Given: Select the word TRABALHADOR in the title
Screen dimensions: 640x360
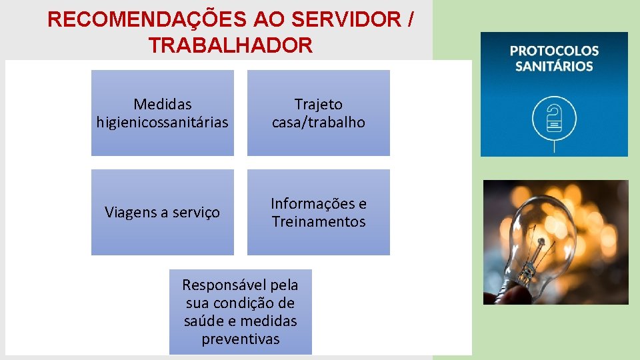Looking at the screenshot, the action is (231, 45).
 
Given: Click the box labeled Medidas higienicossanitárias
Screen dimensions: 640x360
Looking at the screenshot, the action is (163, 113).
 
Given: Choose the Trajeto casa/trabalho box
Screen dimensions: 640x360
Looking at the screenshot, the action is (319, 113).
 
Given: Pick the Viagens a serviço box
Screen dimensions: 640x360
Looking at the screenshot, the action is (163, 212).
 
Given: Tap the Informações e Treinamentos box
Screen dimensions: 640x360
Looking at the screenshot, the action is (319, 212).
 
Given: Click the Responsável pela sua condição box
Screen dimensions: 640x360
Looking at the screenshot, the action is (240, 311).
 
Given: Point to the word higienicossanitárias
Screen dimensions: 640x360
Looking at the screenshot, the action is (163, 123).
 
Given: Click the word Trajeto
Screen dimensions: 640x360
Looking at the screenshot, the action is (319, 104).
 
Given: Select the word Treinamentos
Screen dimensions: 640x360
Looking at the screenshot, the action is (319, 221).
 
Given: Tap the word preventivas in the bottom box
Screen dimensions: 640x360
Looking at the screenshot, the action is (240, 339).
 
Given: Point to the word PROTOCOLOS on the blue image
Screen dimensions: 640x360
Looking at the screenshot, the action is (554, 51).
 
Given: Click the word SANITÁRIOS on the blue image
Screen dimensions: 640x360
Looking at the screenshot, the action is (554, 66).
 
